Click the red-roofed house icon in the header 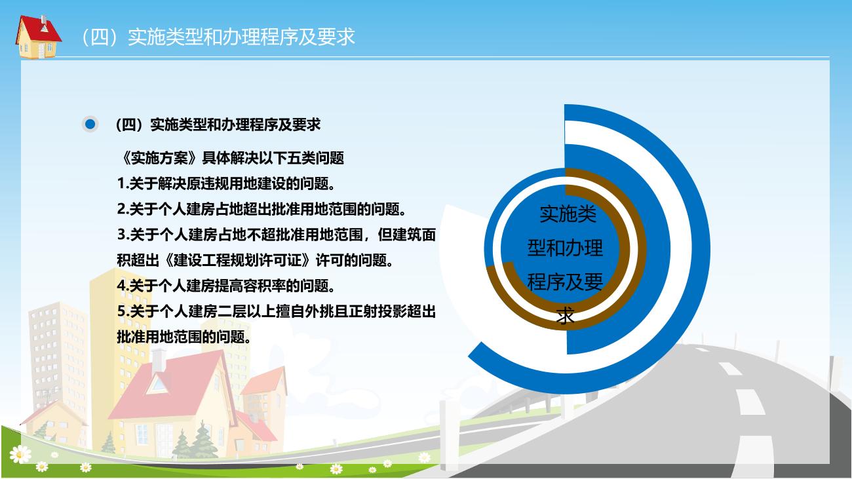click(x=38, y=37)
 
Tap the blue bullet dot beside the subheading click(x=90, y=124)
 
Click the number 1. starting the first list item click(x=123, y=183)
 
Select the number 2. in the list click(x=123, y=209)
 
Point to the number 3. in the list click(x=123, y=235)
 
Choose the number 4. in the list click(x=123, y=286)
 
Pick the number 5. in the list click(x=123, y=311)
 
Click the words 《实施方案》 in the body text click(x=159, y=158)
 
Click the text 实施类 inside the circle click(x=568, y=214)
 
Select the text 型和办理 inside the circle click(x=565, y=248)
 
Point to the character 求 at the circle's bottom click(x=565, y=316)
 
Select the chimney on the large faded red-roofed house click(x=159, y=360)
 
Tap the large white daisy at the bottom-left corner click(x=20, y=455)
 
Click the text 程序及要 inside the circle click(x=565, y=282)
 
